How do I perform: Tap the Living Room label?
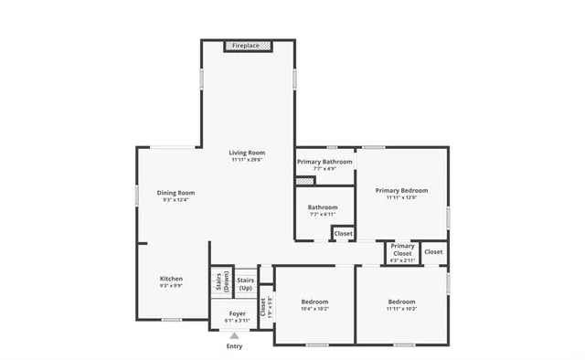point(247,153)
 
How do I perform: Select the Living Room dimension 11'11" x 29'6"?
point(247,160)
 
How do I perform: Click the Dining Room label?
point(175,193)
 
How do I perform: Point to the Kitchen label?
point(171,279)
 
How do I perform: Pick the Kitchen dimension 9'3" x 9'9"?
point(171,286)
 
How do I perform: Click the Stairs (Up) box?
point(245,283)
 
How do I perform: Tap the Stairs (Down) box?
point(219,281)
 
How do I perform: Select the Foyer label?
point(237,313)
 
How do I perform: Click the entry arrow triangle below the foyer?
point(234,335)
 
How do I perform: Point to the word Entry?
point(234,346)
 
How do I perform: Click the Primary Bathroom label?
point(324,162)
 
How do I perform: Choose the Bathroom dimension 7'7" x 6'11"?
point(322,215)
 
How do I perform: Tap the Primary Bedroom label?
point(400,190)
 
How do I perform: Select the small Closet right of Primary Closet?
point(433,251)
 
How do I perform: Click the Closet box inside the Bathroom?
point(343,234)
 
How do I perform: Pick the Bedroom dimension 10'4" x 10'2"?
point(314,309)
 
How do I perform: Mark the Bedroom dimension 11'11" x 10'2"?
point(401,309)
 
